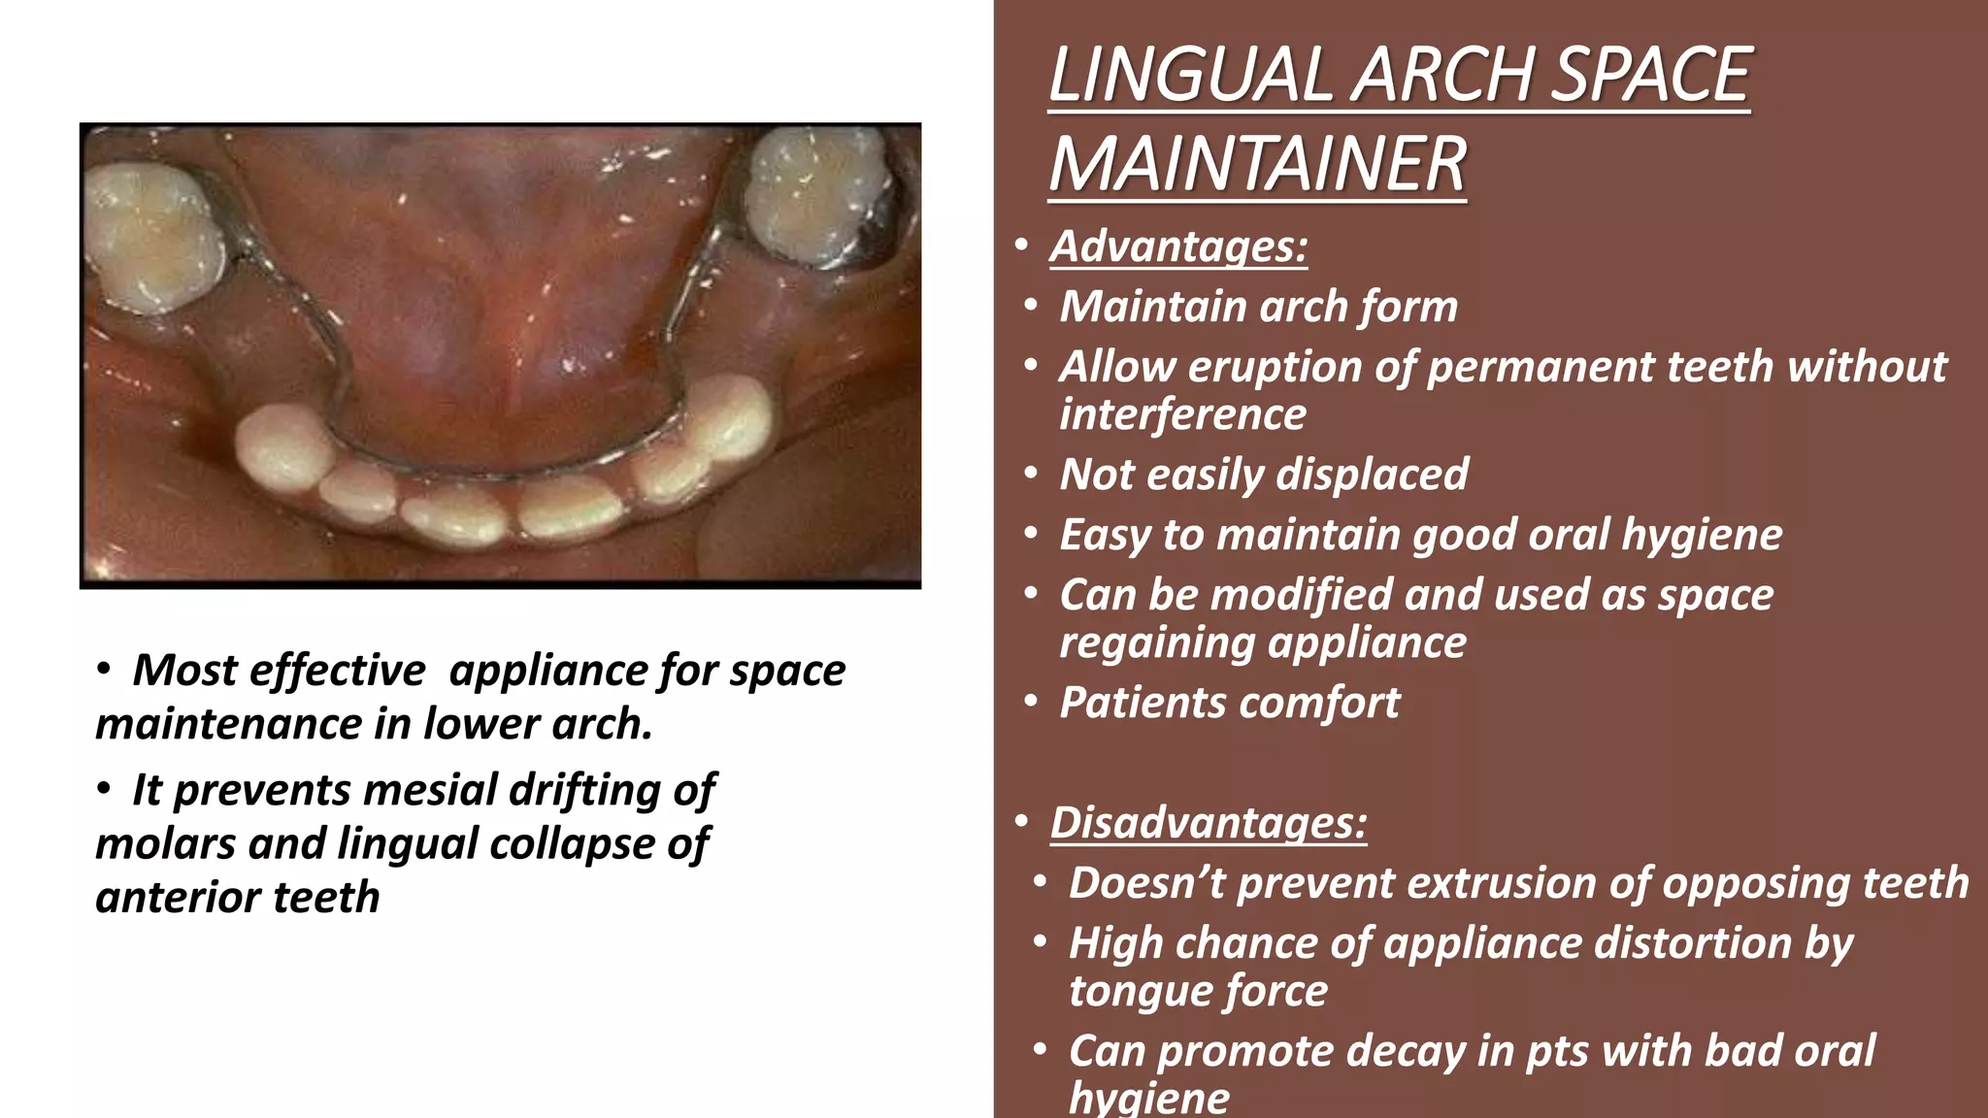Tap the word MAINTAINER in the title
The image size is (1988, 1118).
point(1257,164)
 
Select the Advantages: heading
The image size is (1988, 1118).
point(1178,247)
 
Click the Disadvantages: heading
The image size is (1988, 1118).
point(1209,823)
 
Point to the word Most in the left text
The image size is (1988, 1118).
point(184,671)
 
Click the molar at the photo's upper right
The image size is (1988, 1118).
point(817,194)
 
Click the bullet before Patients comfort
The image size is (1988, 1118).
point(1031,702)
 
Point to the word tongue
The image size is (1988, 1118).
point(1126,991)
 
